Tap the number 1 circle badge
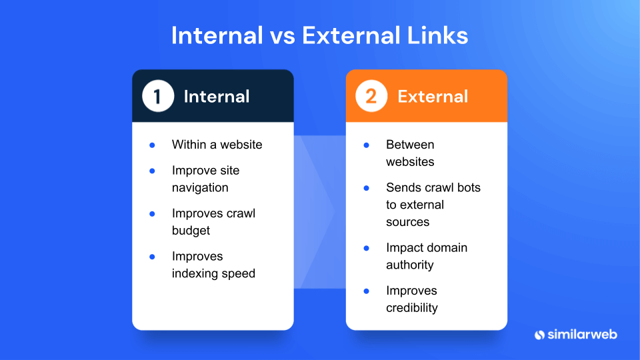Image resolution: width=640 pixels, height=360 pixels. (x=158, y=97)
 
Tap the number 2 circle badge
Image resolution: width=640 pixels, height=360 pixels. (x=371, y=97)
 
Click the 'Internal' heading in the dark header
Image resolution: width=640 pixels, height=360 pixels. (x=217, y=97)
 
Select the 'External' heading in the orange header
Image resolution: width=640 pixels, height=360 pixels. (x=433, y=97)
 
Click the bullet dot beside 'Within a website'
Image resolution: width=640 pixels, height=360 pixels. (x=152, y=145)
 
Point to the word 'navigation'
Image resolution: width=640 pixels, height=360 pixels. (x=200, y=188)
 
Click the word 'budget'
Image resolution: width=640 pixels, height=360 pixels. (x=191, y=231)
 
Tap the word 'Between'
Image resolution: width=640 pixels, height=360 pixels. (x=410, y=145)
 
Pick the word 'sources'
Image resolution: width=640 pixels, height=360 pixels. (x=407, y=222)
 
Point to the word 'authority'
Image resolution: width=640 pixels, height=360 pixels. (x=409, y=265)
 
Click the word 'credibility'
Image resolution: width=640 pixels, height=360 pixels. (x=411, y=308)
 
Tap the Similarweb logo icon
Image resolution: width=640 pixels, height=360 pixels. (x=541, y=334)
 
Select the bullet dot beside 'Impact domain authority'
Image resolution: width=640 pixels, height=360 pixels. (x=366, y=248)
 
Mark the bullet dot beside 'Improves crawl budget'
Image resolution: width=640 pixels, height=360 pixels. (x=152, y=214)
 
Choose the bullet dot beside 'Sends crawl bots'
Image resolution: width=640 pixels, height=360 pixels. (x=366, y=188)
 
